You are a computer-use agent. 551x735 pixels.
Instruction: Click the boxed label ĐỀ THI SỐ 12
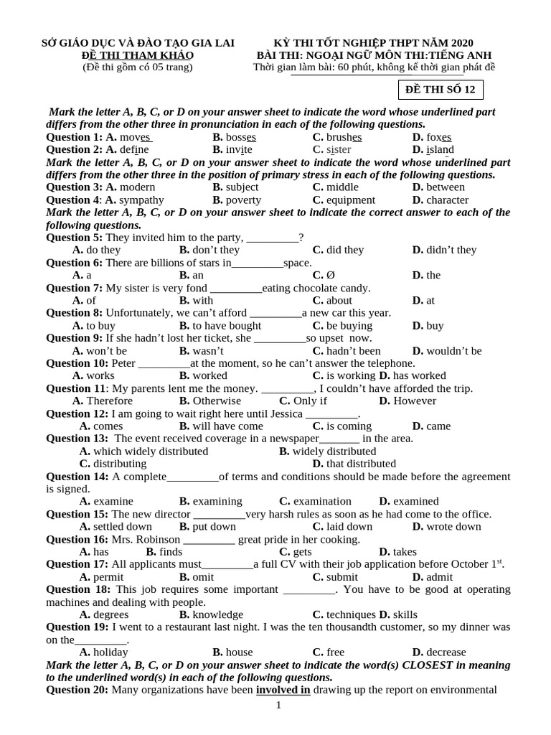pyautogui.click(x=441, y=90)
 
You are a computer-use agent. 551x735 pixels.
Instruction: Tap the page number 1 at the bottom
pyautogui.click(x=278, y=706)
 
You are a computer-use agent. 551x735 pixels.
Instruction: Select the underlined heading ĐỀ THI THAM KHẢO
pyautogui.click(x=137, y=55)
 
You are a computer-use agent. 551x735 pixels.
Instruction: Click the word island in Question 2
pyautogui.click(x=440, y=149)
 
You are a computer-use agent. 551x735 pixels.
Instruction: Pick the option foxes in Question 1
pyautogui.click(x=438, y=137)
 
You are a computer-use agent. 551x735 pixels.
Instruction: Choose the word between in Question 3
pyautogui.click(x=446, y=187)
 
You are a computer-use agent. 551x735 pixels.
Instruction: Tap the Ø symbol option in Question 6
pyautogui.click(x=331, y=275)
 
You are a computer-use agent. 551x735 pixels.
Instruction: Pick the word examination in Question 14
pyautogui.click(x=322, y=501)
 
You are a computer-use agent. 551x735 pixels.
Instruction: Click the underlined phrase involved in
pyautogui.click(x=283, y=690)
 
